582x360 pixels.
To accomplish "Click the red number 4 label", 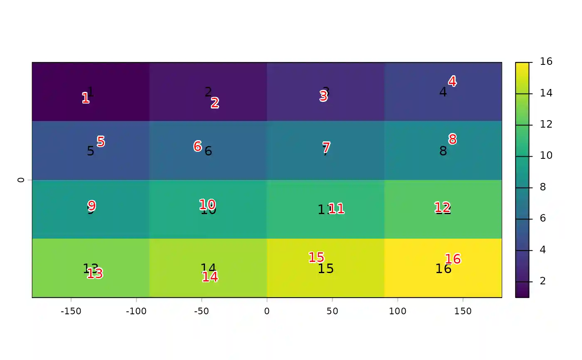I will (x=452, y=81).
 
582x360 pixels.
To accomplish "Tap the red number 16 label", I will (x=453, y=259).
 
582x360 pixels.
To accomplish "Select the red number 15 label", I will (x=316, y=258).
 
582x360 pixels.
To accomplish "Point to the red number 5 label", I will (x=101, y=142).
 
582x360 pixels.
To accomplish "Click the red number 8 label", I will (x=452, y=139).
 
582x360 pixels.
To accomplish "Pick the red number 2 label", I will (x=215, y=103).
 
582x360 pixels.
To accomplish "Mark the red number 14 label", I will (x=210, y=277).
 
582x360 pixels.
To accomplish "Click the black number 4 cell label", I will (x=443, y=92).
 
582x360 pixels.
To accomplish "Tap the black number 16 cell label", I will (x=443, y=269).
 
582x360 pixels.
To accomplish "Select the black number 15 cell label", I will (x=326, y=269).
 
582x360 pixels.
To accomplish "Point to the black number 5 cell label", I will (x=91, y=151).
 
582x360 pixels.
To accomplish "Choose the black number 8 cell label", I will (x=443, y=151).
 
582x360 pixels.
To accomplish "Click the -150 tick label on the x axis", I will (x=71, y=311).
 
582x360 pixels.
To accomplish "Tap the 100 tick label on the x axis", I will (x=397, y=311).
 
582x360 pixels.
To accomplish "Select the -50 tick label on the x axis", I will (x=202, y=311).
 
